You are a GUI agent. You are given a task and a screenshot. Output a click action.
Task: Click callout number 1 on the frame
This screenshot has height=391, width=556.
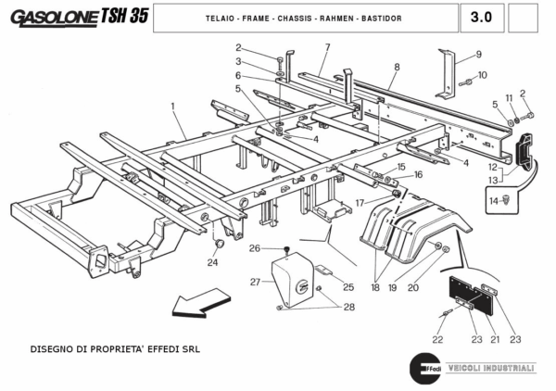coord(173,107)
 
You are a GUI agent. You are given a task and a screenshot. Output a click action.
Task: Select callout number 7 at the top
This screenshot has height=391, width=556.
coord(327,46)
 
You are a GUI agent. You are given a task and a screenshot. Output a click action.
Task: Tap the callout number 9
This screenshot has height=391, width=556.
coord(478,53)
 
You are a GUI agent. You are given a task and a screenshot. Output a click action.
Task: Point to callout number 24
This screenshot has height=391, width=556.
coord(212,262)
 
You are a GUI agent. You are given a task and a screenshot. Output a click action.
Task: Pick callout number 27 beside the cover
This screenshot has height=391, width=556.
coord(254,281)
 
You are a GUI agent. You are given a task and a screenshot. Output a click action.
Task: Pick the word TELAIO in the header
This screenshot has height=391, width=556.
coord(220,19)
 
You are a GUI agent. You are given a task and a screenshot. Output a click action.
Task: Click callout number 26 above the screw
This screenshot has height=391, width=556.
coord(253,248)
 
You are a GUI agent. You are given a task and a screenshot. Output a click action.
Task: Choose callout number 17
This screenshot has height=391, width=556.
coord(359,202)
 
